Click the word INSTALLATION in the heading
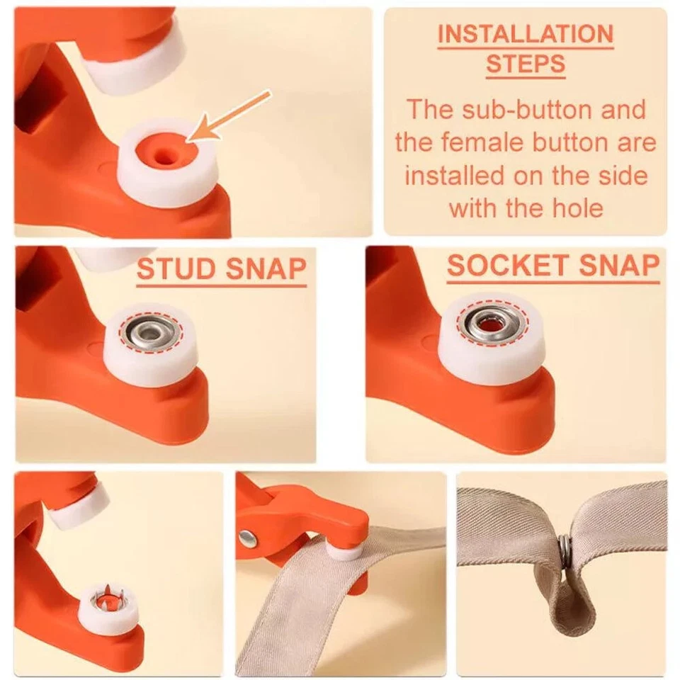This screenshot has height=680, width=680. point(525,34)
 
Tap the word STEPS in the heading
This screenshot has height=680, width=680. point(525,64)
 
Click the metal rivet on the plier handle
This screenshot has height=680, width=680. point(248,538)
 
